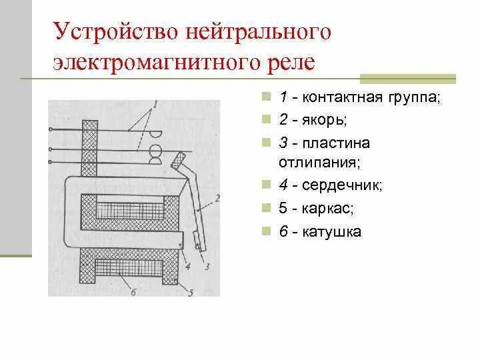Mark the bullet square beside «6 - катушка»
coord(266,231)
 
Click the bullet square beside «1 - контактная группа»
coord(266,97)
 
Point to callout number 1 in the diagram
coord(155,104)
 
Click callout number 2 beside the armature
coord(217,197)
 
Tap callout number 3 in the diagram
coord(207,267)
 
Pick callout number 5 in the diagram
coord(191,291)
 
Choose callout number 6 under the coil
coord(134,291)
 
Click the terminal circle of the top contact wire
coord(51,129)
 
